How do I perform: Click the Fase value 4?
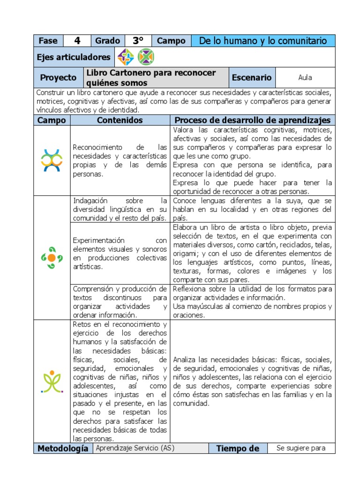point(77,41)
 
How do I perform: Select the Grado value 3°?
point(138,41)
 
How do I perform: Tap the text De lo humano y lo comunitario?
point(263,41)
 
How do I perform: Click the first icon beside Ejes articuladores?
point(126,57)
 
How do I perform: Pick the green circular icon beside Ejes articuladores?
point(145,57)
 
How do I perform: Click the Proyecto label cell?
point(58,77)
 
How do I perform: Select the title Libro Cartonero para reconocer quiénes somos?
point(150,77)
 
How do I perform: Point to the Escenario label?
point(252,77)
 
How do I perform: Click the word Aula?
point(305,77)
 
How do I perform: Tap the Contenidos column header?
point(120,120)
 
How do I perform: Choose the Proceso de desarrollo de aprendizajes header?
point(252,120)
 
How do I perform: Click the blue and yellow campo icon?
point(52,160)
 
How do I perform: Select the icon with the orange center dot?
point(52,257)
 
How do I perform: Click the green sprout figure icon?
point(52,381)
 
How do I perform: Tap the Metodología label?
point(63,449)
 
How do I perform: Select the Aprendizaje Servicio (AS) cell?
point(135,448)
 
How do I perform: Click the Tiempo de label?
point(238,449)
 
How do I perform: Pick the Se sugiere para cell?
point(301,448)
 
